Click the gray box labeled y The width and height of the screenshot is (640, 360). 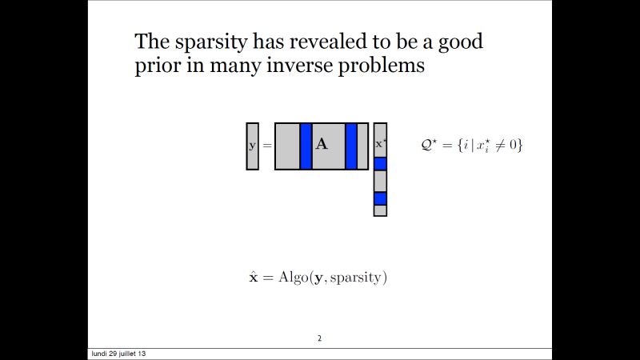coord(253,146)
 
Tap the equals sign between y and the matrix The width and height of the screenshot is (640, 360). coord(267,146)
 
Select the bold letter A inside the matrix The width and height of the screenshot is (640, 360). coord(322,145)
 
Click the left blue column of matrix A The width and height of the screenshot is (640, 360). coord(306,146)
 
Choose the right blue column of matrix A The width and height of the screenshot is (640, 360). coord(351,146)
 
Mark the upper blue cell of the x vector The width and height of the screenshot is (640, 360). coord(381,164)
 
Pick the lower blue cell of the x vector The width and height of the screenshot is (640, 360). coord(381,198)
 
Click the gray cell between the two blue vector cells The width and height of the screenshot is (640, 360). coord(381,181)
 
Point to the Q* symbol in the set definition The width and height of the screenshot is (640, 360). coord(429,145)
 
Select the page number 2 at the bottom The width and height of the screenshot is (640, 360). coord(320,338)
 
